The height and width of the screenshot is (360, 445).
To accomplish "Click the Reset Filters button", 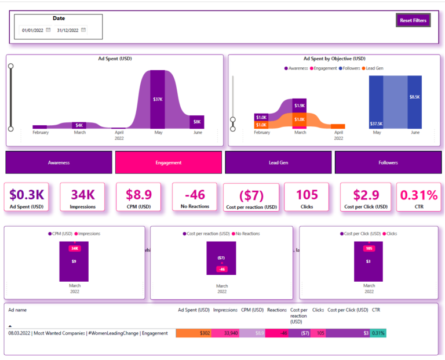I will [413, 20].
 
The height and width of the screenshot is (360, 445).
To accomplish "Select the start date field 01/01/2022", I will [32, 30].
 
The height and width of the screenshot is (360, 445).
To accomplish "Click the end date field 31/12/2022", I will [67, 30].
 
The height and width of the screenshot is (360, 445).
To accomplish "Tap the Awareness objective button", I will [59, 162].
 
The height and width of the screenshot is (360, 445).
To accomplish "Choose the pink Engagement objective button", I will [169, 162].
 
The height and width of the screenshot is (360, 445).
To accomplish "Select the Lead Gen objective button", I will [278, 162].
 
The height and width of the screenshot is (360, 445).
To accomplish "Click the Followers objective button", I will [388, 162].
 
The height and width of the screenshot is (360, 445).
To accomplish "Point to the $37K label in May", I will [158, 99].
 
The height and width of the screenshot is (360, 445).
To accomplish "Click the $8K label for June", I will [197, 122].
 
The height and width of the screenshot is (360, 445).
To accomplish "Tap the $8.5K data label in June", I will [415, 97].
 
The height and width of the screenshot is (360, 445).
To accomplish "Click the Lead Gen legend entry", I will [374, 68].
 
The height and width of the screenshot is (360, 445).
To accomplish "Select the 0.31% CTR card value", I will [417, 195].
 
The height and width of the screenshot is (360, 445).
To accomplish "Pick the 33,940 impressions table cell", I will [225, 333].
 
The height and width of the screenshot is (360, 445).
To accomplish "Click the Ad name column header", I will [17, 310].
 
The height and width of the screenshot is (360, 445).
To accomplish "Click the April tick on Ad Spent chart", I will [119, 133].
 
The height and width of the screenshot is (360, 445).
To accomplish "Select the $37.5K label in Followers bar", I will [376, 123].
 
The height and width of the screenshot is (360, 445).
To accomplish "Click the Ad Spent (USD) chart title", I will [115, 59].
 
